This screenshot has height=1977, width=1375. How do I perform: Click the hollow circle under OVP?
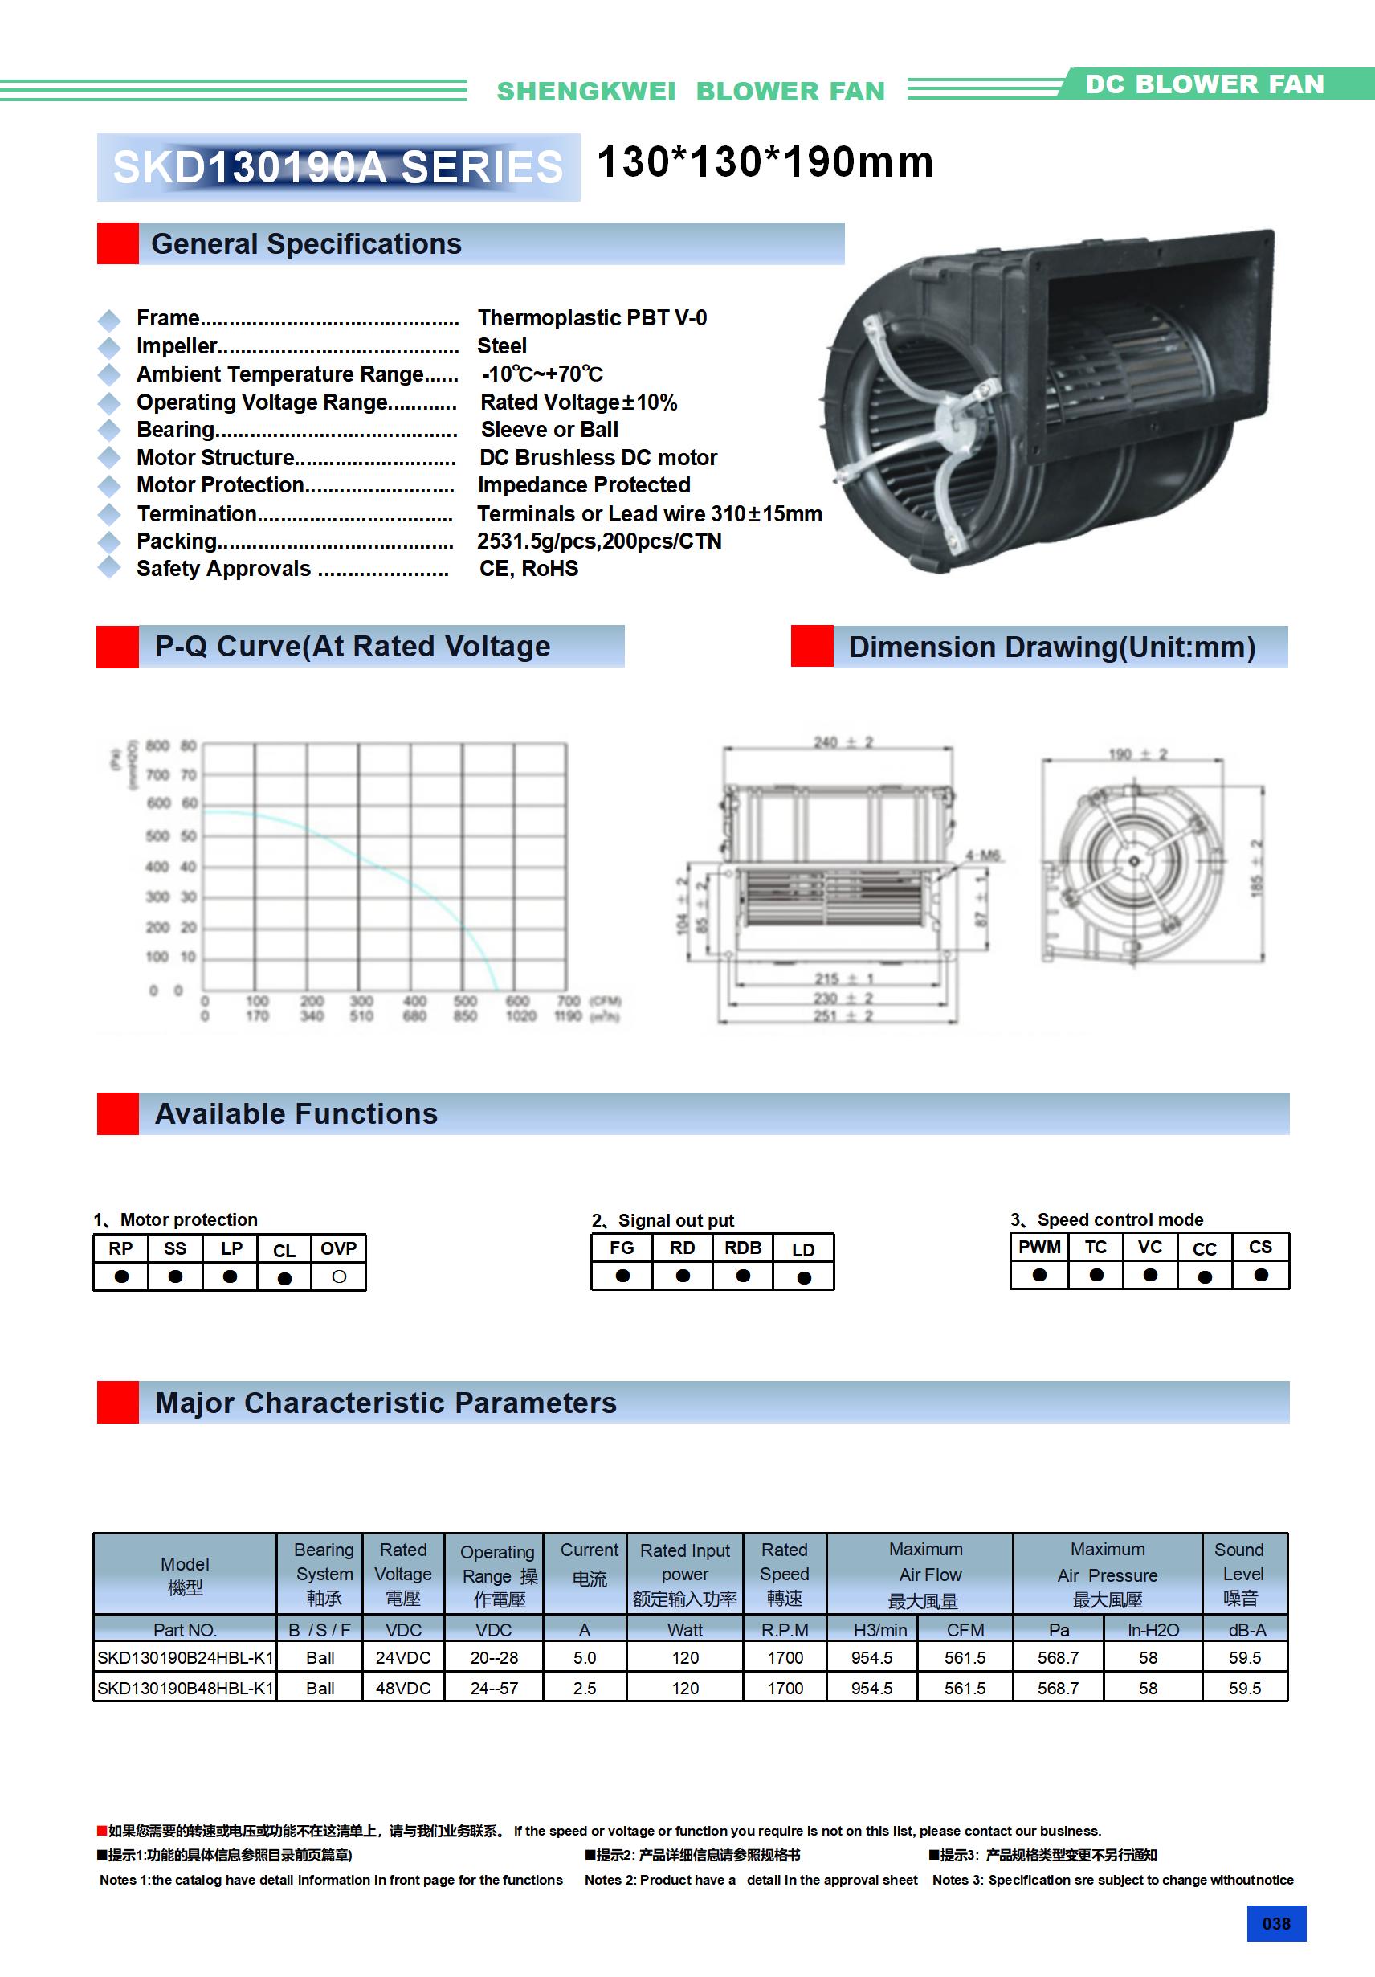(x=338, y=1277)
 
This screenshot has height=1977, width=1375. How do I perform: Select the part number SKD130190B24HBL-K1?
(x=184, y=1657)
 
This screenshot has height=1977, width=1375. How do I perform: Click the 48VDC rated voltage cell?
(x=403, y=1688)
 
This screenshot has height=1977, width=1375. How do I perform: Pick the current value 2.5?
(x=585, y=1688)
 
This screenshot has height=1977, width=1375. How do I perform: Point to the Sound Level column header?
(x=1240, y=1573)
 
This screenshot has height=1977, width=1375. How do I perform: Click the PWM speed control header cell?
(x=1039, y=1247)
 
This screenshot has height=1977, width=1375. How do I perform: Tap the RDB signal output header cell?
(x=742, y=1248)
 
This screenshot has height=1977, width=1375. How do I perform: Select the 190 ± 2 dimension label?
(x=1136, y=754)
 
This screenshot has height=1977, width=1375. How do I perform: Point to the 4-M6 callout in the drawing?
(x=981, y=855)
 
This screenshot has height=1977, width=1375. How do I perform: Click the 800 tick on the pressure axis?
(x=157, y=745)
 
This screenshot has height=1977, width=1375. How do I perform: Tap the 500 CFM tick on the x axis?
(x=465, y=1001)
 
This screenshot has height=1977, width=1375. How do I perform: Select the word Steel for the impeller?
(x=502, y=346)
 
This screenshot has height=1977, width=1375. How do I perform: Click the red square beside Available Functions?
(x=118, y=1113)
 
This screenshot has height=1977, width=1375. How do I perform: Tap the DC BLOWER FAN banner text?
(x=1204, y=84)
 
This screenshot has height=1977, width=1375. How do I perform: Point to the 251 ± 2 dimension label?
(x=844, y=1016)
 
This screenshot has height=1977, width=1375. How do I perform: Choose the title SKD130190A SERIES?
(x=337, y=167)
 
